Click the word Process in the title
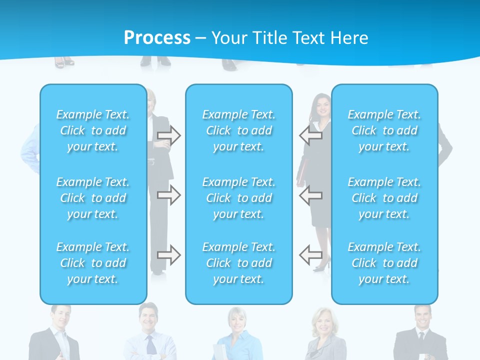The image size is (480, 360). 157,37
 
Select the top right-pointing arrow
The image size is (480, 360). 169,136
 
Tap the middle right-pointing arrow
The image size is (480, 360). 169,195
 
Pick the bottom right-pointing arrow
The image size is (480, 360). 169,255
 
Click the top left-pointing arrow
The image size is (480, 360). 310,135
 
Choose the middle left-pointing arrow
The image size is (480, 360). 310,195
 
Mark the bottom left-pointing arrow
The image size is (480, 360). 310,255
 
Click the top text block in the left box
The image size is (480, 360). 93,130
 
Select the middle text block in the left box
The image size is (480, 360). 93,198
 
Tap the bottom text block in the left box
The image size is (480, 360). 93,263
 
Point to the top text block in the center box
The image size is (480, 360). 238,130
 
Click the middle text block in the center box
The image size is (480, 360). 238,198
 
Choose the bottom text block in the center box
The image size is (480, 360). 238,263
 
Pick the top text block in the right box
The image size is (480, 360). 384,130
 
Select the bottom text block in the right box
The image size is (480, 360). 384,263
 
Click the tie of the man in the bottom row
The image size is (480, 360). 150,345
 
